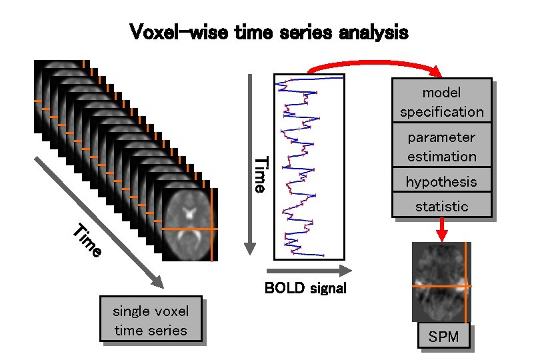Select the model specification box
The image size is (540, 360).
point(441,102)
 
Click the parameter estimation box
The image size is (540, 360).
point(441,147)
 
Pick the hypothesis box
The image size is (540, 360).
point(441,181)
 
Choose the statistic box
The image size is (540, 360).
point(441,206)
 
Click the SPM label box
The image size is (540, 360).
point(443,337)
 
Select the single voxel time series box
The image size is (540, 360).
point(151,320)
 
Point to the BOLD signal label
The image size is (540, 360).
point(305,289)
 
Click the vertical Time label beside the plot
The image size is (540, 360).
point(262,175)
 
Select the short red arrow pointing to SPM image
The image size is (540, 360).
point(441,229)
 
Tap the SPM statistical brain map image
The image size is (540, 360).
point(441,282)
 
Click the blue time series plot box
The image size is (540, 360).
point(309,166)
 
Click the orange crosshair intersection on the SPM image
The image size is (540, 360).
point(465,286)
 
